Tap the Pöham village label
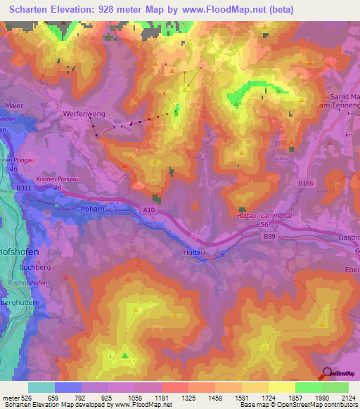click(x=93, y=209)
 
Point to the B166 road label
click(x=304, y=183)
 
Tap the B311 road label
click(x=23, y=189)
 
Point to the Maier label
click(x=13, y=106)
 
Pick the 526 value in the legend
click(x=28, y=397)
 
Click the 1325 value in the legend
click(x=188, y=397)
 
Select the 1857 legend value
click(x=295, y=397)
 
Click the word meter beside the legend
click(x=11, y=397)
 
